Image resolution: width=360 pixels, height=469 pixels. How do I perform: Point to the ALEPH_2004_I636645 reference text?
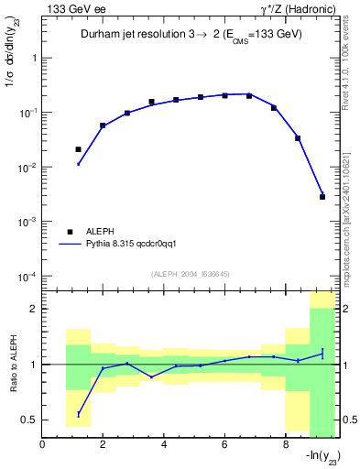191,274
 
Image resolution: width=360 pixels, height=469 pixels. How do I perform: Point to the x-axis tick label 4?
164,446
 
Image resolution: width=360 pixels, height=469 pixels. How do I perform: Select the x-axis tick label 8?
285,446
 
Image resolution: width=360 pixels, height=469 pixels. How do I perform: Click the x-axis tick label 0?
43,446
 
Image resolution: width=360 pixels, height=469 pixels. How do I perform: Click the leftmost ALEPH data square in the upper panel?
78,148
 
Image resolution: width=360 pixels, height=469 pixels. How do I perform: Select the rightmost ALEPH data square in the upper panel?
322,196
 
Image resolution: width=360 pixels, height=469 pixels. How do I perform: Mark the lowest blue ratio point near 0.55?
78,414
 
